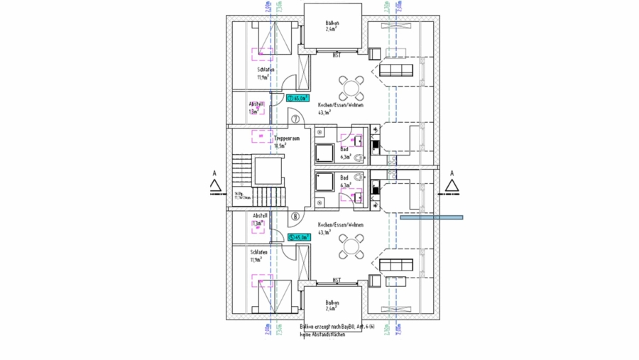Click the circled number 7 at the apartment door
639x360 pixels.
point(295,119)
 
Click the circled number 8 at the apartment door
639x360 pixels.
point(295,216)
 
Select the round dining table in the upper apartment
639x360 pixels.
point(351,88)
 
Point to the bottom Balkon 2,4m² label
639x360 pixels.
point(332,306)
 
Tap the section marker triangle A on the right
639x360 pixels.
point(450,186)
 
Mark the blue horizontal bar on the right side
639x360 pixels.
point(431,217)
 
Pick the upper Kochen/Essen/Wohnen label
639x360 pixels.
point(340,105)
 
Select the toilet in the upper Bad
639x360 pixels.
point(360,156)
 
